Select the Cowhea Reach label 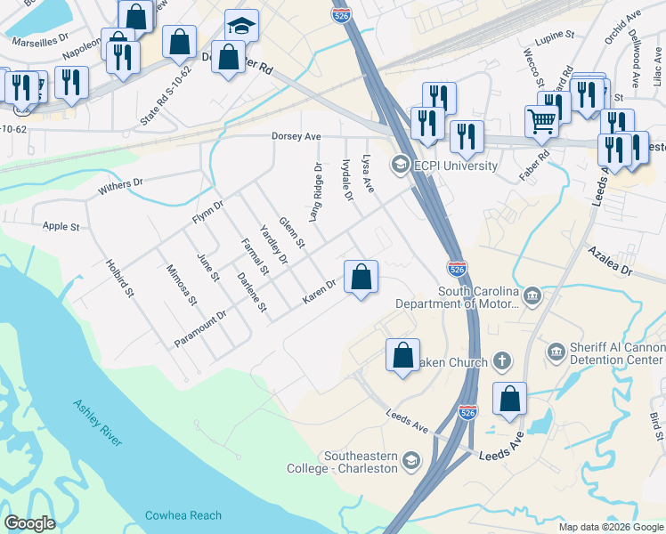(184, 515)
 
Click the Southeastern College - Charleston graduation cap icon (410, 460)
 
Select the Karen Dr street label (318, 292)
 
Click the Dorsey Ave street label (296, 137)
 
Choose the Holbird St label (120, 278)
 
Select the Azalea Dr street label (608, 261)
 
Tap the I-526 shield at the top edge (339, 15)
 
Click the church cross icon (502, 361)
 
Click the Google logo (29, 523)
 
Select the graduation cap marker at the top (241, 26)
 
